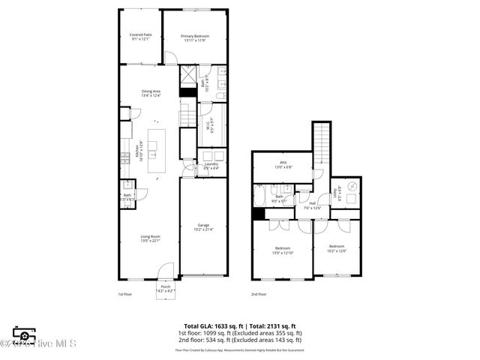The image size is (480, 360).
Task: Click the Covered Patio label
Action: tap(141, 36)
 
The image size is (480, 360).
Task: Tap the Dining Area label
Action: tap(151, 93)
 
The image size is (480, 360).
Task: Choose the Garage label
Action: tap(202, 226)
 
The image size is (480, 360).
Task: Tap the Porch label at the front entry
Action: tap(166, 288)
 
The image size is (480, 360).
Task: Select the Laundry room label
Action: tap(211, 166)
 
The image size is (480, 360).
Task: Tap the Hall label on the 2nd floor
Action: tap(312, 203)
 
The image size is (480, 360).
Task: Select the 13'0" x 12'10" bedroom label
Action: tap(283, 250)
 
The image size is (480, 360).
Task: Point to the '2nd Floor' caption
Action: tap(259, 295)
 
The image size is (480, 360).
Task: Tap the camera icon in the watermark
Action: tap(25, 335)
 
